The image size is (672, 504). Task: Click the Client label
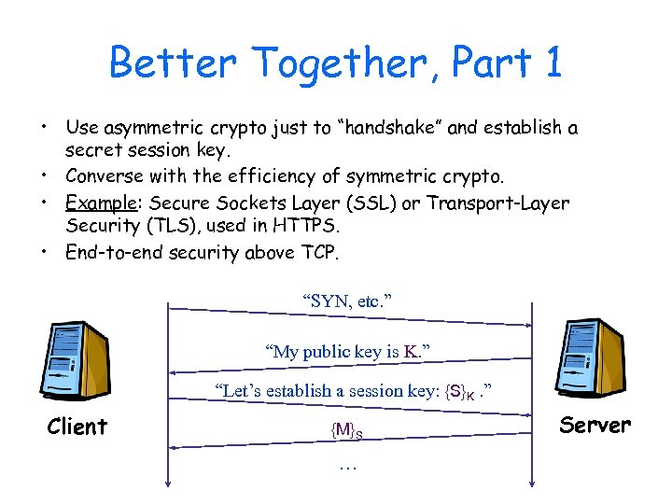click(77, 427)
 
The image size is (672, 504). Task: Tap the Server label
click(595, 425)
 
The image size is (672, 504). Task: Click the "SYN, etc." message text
click(347, 301)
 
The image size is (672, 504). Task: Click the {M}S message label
click(346, 429)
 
